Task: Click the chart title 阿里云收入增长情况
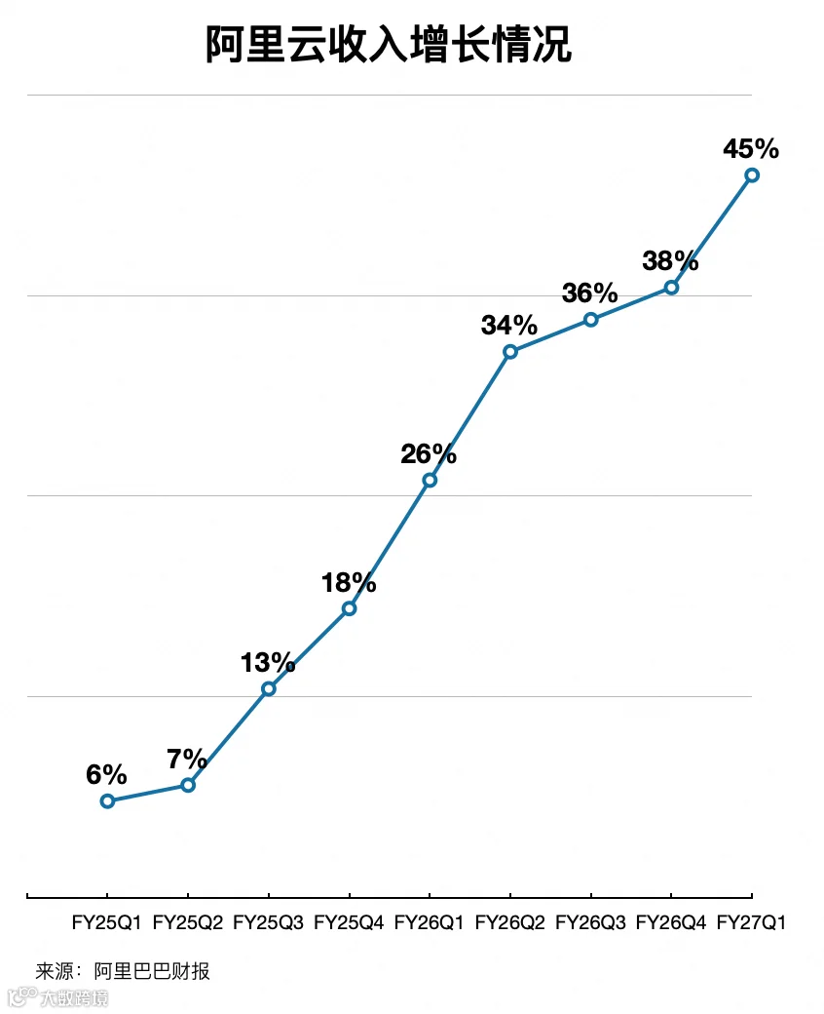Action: (389, 45)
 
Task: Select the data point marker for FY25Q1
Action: (107, 801)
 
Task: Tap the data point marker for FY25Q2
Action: (188, 785)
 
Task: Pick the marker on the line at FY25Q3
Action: (269, 688)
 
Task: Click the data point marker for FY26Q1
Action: (430, 480)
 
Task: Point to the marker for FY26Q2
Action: (510, 352)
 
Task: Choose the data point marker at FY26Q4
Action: (672, 287)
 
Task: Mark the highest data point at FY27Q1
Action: (752, 175)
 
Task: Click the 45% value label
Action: (751, 149)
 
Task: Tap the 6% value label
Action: (106, 774)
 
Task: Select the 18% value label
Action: (349, 583)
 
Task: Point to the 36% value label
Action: (589, 292)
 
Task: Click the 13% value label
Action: (268, 662)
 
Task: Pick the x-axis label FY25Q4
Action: (349, 922)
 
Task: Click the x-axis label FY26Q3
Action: (590, 922)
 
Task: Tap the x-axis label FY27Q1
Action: (751, 922)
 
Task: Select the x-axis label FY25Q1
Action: (106, 922)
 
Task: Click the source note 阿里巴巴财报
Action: (152, 971)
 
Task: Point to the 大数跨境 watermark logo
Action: (58, 996)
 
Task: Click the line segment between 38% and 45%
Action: (712, 231)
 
